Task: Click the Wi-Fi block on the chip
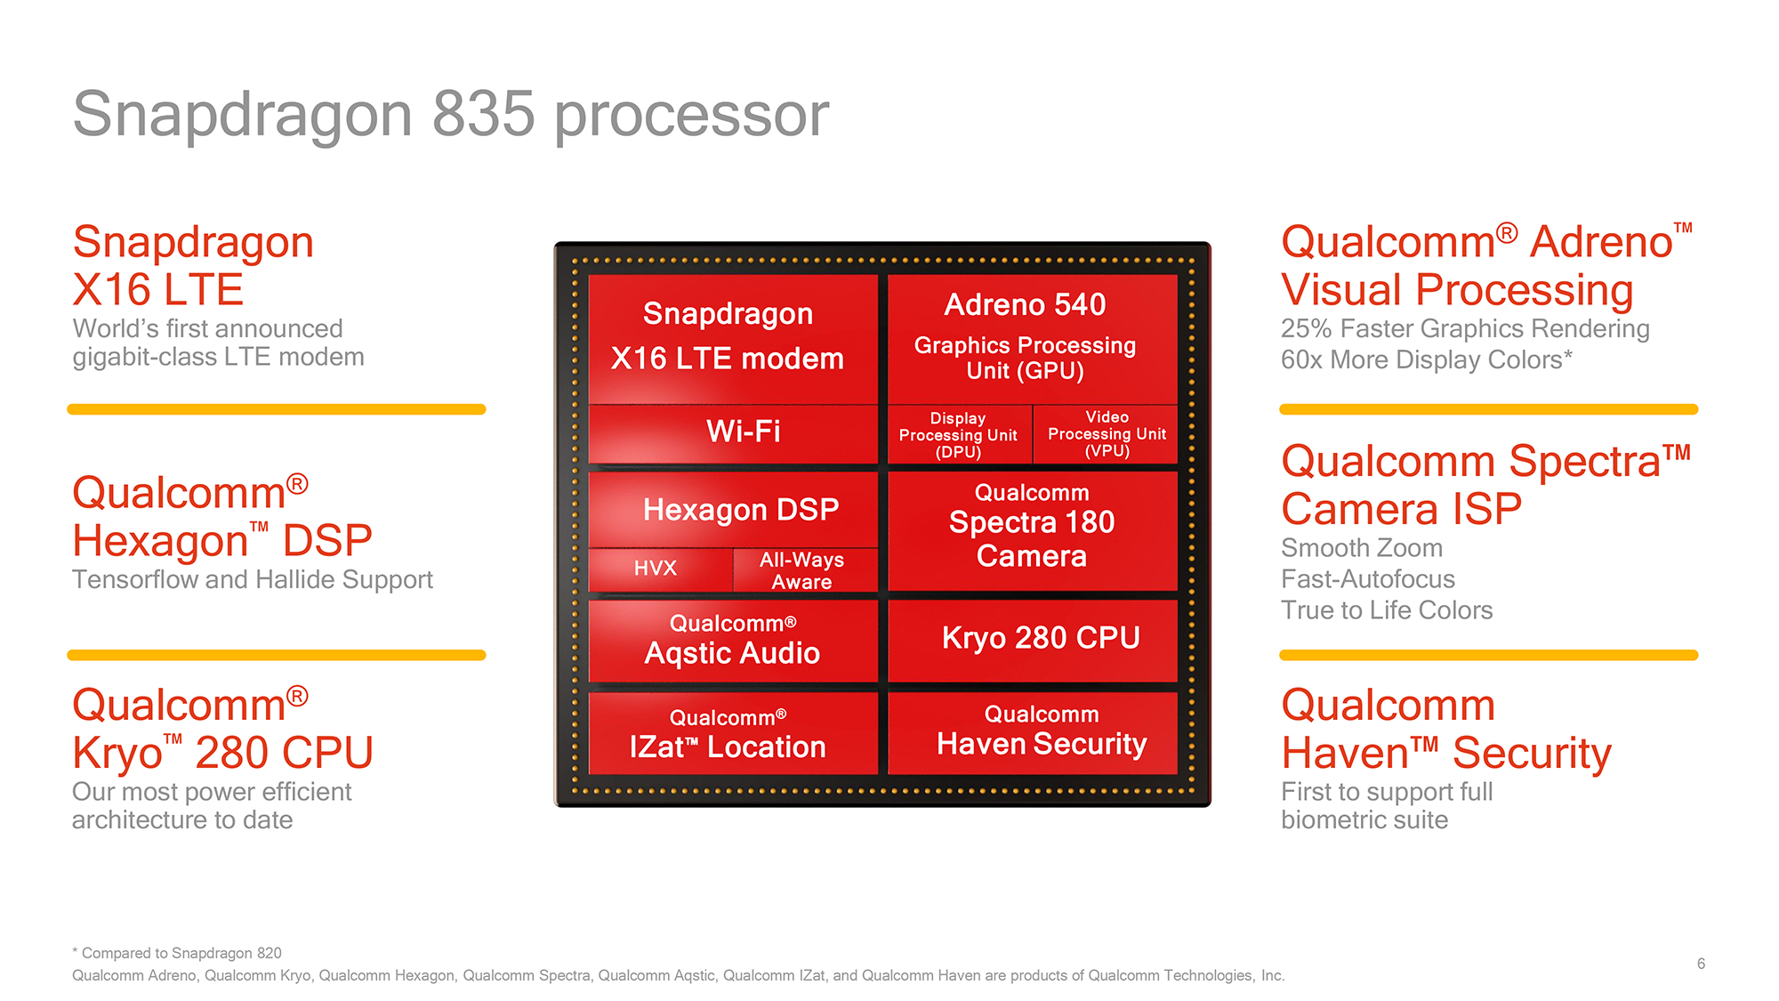pos(733,432)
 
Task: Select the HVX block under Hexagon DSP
pos(658,569)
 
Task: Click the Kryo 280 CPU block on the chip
pos(1033,639)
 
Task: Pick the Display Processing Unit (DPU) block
pos(959,434)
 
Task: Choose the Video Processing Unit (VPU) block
pos(1106,434)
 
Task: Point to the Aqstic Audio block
pos(733,641)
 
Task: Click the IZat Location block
pos(733,733)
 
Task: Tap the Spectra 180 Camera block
pos(1033,530)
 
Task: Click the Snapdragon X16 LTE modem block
pos(733,338)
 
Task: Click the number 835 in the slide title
pos(484,115)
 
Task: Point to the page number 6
pos(1701,964)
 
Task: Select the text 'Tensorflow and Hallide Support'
pos(252,579)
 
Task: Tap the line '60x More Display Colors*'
pos(1426,359)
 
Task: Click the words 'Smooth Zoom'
pos(1361,548)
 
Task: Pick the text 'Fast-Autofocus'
pos(1367,579)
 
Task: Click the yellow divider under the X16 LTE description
pos(276,409)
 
